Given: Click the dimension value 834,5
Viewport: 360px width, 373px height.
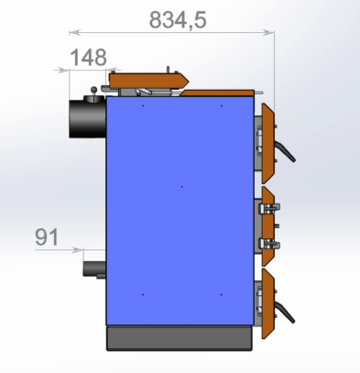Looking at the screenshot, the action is (178, 20).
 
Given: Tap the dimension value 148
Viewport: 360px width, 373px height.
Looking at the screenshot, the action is (89, 57).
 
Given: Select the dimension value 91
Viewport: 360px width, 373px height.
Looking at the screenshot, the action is (47, 237).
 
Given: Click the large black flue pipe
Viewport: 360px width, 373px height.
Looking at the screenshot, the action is (88, 118).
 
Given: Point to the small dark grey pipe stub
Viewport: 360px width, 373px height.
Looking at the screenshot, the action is (94, 269).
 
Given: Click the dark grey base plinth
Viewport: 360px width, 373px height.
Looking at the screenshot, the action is (180, 338).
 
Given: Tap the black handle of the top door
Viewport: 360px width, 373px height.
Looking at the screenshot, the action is (285, 150).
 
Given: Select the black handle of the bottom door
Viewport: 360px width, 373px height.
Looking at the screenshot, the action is (285, 312).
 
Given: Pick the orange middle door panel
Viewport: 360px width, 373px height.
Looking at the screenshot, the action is (267, 226).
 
